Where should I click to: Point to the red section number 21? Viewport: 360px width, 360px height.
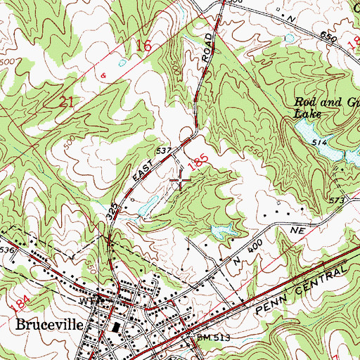(67, 103)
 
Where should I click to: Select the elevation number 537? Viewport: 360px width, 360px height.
(164, 151)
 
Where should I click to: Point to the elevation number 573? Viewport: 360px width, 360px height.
(337, 201)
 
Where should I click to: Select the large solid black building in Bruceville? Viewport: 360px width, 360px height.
(114, 328)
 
